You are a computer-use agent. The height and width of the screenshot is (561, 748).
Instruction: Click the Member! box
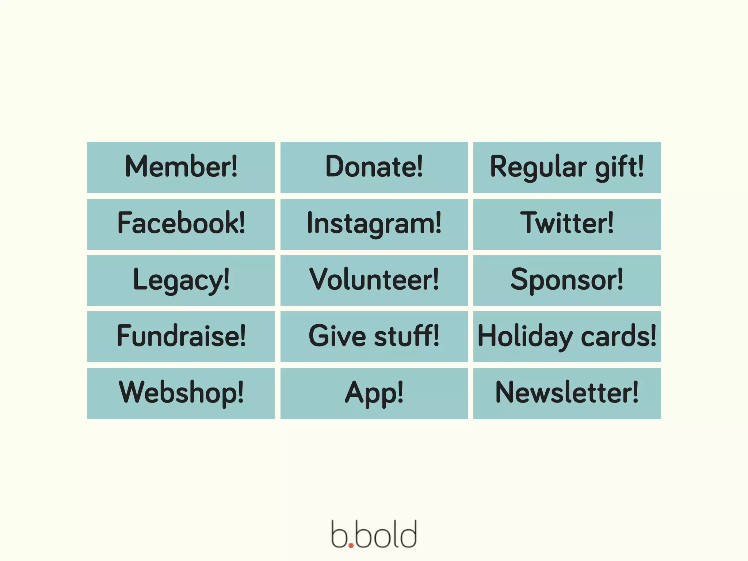181,167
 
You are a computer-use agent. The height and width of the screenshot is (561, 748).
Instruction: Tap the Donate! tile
374,167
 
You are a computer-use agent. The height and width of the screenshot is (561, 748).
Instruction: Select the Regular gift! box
567,167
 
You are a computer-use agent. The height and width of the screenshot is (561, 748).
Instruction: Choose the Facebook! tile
181,224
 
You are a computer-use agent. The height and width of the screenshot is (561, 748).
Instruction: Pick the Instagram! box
374,224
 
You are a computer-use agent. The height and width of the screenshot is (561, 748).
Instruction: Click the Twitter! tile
567,224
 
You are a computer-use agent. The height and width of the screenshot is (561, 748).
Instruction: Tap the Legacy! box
181,280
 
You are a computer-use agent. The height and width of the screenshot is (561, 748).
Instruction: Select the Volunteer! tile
374,280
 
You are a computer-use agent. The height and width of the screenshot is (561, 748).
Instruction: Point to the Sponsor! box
567,280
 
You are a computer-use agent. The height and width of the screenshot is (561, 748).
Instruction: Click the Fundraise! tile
181,336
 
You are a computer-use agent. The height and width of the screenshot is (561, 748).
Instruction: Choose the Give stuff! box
374,336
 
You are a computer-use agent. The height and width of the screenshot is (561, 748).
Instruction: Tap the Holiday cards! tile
567,336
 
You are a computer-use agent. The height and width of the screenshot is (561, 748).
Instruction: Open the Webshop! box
181,393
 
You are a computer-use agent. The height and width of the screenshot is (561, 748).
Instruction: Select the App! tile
374,393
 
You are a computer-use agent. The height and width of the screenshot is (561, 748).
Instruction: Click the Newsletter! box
567,393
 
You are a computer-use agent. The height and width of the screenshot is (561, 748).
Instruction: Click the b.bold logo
374,534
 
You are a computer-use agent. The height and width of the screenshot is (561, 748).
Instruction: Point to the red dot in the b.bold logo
351,545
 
